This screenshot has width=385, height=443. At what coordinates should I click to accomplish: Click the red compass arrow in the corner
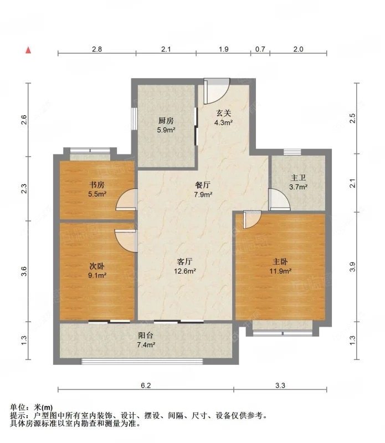point(28,50)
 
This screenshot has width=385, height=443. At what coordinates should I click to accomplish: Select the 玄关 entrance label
point(223,112)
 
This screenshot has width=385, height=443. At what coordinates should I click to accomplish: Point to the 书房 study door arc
point(127,200)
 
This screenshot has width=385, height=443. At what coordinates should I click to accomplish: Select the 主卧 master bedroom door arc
point(250,219)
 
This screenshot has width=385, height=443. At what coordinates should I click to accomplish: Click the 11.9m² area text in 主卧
point(280,271)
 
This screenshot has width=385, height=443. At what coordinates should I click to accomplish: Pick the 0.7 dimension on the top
point(259,49)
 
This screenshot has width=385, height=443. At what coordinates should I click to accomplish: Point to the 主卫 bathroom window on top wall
point(291,152)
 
